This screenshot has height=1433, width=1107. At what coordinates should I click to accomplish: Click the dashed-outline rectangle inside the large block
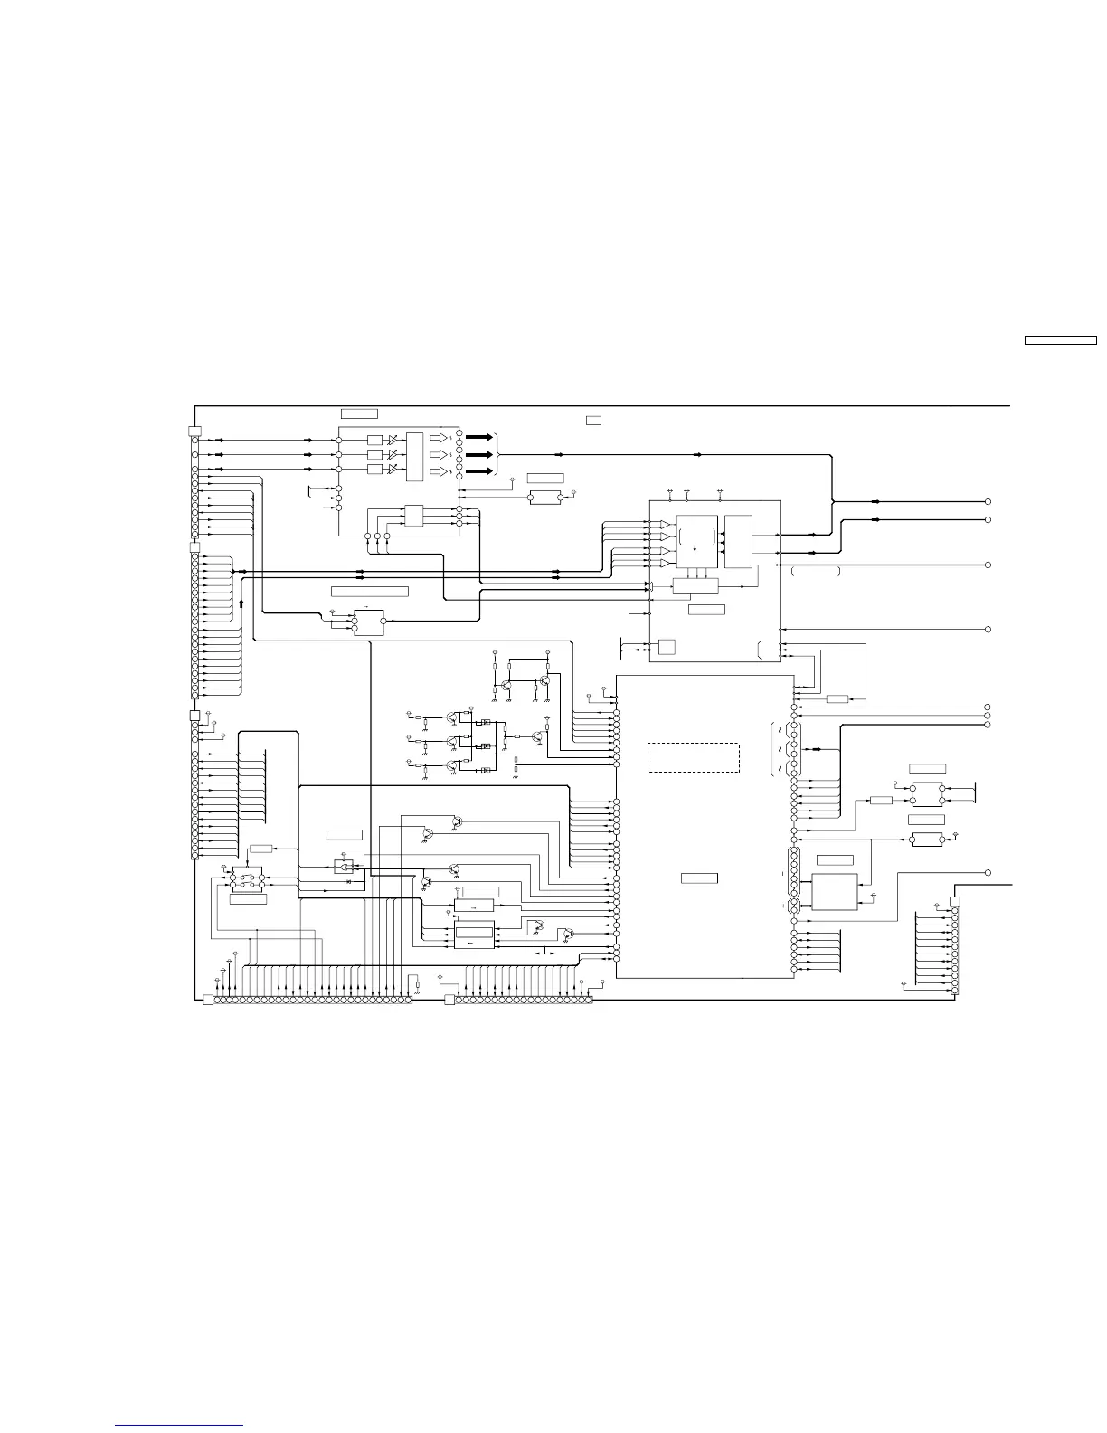click(694, 757)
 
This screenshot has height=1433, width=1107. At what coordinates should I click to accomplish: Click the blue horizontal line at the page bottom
click(180, 1425)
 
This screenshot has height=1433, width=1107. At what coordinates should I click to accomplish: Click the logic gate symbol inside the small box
click(344, 866)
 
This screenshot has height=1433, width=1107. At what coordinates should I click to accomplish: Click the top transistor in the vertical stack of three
click(451, 715)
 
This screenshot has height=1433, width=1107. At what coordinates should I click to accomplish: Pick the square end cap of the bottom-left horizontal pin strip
click(208, 1000)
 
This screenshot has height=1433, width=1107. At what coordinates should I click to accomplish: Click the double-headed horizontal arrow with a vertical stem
click(546, 953)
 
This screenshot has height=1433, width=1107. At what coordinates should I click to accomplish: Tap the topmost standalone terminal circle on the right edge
click(989, 501)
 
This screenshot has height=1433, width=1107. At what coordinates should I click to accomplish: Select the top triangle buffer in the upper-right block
click(665, 525)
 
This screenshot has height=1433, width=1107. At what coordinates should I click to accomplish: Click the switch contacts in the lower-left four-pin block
click(247, 879)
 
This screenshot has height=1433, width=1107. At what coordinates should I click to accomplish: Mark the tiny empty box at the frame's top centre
click(593, 420)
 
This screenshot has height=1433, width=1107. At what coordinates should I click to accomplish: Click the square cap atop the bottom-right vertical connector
click(954, 901)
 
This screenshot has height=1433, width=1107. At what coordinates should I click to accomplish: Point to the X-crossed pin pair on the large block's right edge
click(794, 905)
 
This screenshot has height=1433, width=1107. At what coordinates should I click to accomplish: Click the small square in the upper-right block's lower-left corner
click(667, 646)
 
